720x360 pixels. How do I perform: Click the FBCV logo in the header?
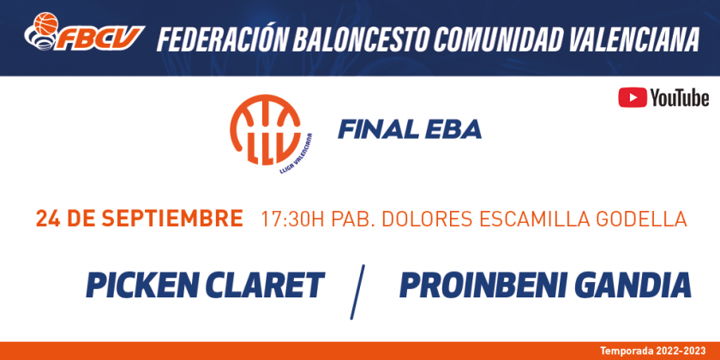84,33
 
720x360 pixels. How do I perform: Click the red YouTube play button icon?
633,98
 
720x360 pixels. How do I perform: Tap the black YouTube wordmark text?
679,99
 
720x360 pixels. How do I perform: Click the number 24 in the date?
47,219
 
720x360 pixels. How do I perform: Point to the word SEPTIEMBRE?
172,219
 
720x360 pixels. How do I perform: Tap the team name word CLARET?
267,285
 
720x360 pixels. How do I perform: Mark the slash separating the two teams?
357,291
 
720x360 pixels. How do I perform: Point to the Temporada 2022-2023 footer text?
652,351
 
